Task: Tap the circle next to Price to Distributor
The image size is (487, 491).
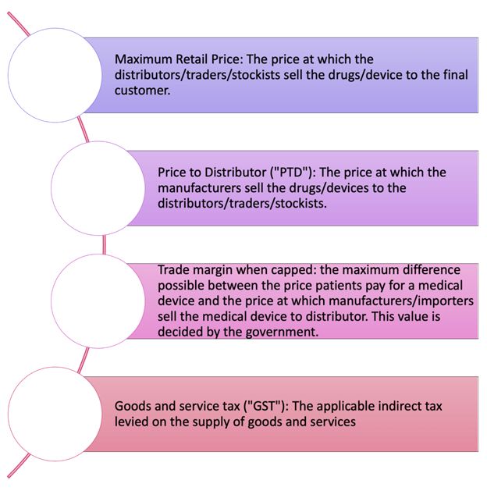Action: tap(98, 188)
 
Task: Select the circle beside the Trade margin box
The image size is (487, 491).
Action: tap(98, 301)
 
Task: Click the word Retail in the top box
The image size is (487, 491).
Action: tap(195, 59)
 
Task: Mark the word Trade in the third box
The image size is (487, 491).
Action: tap(174, 270)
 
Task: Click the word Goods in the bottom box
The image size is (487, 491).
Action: tap(132, 406)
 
